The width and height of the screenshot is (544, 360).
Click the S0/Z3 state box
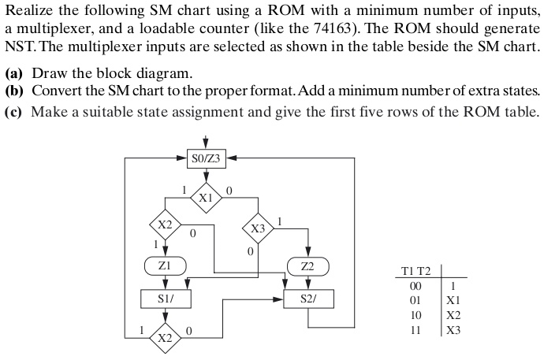206,158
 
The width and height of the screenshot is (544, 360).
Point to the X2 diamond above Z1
164,225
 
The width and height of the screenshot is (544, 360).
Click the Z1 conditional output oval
164,266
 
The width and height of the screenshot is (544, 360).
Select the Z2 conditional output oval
308,266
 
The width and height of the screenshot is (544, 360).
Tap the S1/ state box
164,299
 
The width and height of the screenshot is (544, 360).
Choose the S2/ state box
308,299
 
